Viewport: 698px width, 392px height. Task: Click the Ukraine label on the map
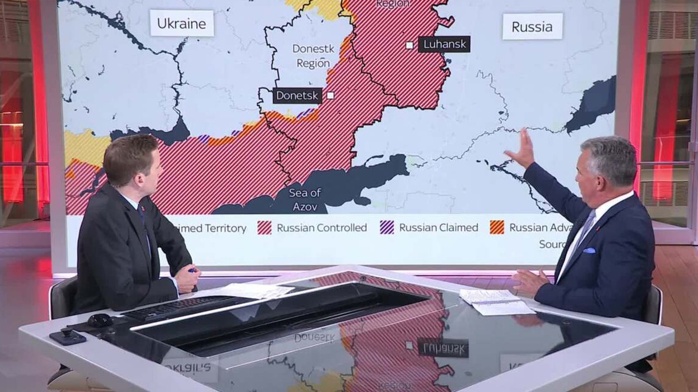pyautogui.click(x=181, y=23)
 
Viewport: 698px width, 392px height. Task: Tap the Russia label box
pyautogui.click(x=532, y=27)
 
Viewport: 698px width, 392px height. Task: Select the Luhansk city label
pyautogui.click(x=444, y=44)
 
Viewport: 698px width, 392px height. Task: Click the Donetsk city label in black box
pyautogui.click(x=297, y=95)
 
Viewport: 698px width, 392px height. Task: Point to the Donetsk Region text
pyautogui.click(x=313, y=56)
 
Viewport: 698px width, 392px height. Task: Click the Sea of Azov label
pyautogui.click(x=305, y=199)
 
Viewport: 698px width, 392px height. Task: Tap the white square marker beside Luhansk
pyautogui.click(x=409, y=45)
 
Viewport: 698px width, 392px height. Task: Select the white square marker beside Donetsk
pyautogui.click(x=330, y=95)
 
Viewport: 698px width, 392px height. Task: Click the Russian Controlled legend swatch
pyautogui.click(x=264, y=227)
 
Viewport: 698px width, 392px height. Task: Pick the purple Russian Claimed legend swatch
pyautogui.click(x=387, y=227)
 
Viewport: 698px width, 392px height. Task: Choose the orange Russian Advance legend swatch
pyautogui.click(x=497, y=227)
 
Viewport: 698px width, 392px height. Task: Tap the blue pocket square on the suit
pyautogui.click(x=589, y=250)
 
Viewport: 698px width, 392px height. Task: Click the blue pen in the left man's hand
pyautogui.click(x=191, y=270)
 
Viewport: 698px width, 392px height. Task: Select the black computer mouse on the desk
pyautogui.click(x=100, y=321)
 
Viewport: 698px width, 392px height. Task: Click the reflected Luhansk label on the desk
pyautogui.click(x=444, y=348)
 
